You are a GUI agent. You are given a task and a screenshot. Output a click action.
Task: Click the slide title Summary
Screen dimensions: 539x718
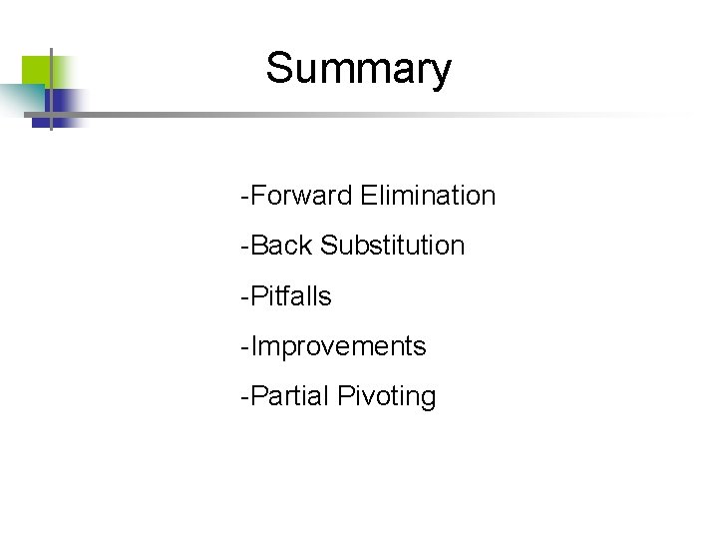[x=358, y=69]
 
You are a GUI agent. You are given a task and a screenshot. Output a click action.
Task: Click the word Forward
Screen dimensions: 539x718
[x=302, y=196]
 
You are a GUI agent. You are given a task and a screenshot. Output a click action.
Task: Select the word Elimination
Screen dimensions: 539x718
[x=428, y=196]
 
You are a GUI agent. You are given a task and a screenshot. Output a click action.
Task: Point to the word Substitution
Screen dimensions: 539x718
[x=393, y=246]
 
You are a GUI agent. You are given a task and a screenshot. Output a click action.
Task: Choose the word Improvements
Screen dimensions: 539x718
[x=338, y=346]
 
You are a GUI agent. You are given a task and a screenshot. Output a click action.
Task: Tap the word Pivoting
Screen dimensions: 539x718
[x=387, y=396]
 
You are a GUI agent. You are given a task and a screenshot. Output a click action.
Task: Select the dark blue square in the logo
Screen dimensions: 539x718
[x=65, y=102]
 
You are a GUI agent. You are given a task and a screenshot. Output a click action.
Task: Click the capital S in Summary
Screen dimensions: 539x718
[x=279, y=69]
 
